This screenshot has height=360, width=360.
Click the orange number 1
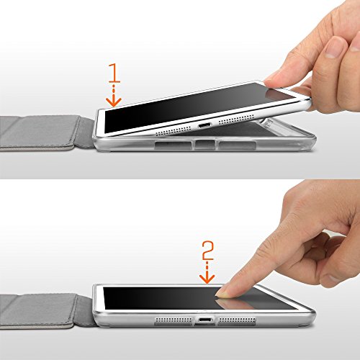[114, 73]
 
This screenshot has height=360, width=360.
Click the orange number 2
[208, 251]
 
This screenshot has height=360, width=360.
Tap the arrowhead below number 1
[114, 102]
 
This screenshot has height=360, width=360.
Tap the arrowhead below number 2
[207, 279]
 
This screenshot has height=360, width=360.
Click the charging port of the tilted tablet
[204, 125]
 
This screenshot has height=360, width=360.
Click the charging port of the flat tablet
[204, 320]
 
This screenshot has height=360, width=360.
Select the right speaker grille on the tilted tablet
[236, 120]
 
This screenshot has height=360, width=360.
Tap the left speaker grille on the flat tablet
[174, 320]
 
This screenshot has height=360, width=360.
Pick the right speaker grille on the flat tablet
[237, 320]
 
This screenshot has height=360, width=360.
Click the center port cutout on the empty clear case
[204, 145]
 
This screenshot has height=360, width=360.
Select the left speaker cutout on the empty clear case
[174, 145]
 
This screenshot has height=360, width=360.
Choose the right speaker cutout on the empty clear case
[237, 145]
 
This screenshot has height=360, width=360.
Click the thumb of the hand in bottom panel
[337, 264]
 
